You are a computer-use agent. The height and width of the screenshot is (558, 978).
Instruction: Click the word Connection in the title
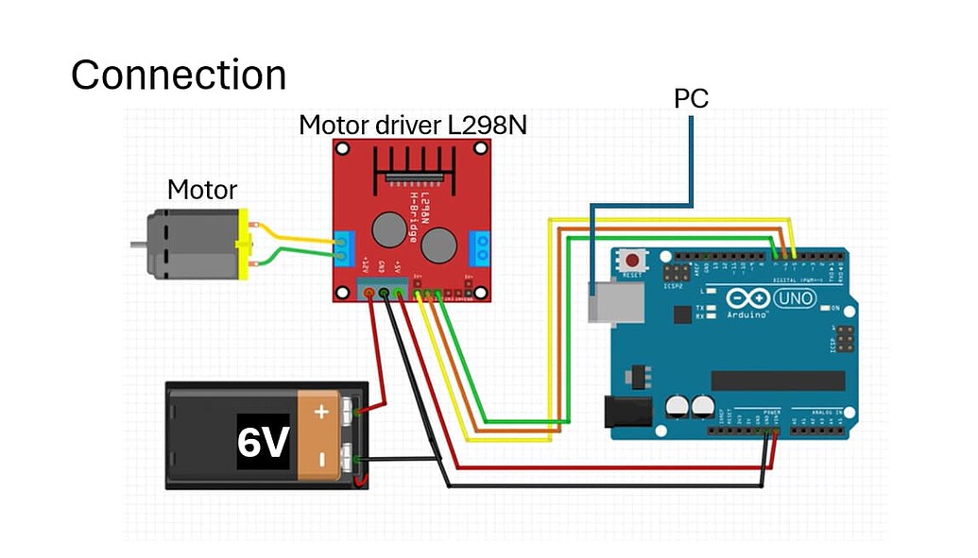click(x=179, y=76)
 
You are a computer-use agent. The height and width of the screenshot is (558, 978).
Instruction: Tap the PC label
click(x=691, y=97)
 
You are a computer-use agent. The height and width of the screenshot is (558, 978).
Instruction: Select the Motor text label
click(x=201, y=190)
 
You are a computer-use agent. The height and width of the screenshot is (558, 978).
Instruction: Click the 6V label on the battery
click(x=262, y=441)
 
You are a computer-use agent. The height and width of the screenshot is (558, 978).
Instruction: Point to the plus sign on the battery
click(x=322, y=412)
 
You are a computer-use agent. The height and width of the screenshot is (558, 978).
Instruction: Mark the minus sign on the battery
click(x=322, y=460)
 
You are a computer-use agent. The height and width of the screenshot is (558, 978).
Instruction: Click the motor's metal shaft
click(x=138, y=245)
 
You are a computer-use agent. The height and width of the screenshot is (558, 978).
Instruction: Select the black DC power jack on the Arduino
click(x=627, y=410)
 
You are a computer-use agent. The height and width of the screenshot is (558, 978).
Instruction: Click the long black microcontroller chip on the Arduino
click(x=778, y=380)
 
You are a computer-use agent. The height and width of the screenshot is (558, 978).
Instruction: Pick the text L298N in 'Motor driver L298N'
click(x=487, y=126)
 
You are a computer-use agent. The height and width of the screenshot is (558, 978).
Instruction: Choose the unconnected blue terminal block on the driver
click(x=484, y=247)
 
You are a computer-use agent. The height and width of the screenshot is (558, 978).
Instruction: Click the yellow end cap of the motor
click(x=247, y=245)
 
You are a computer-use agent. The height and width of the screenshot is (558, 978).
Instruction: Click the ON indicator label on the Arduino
click(x=834, y=308)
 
